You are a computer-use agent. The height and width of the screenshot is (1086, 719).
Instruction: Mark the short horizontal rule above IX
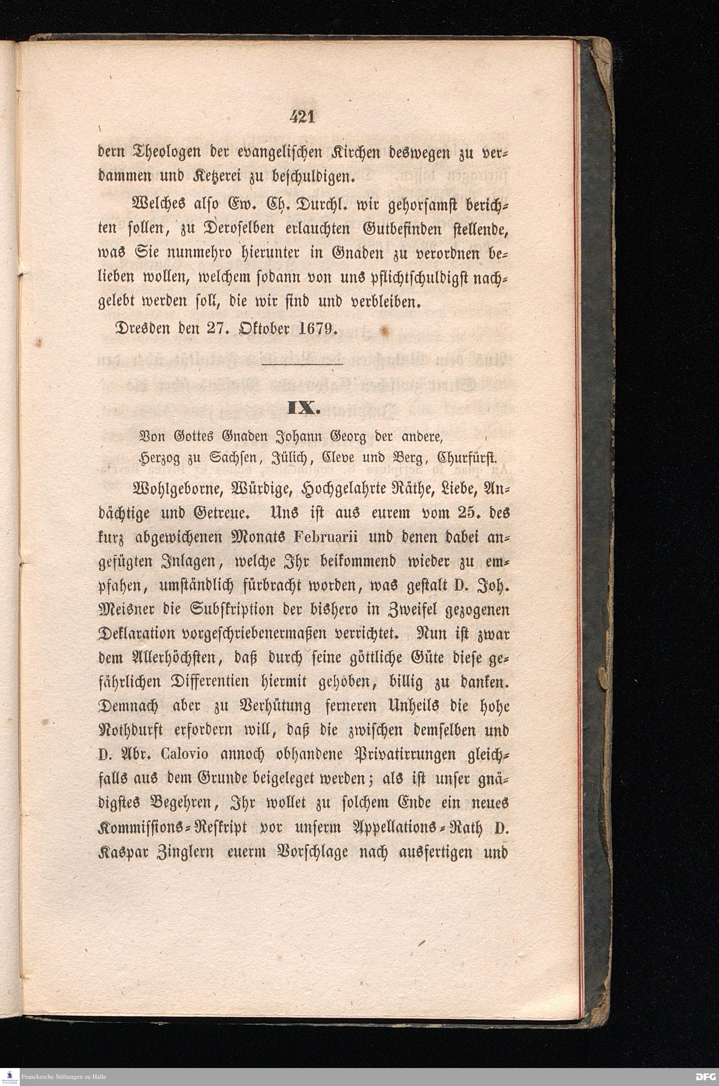click(303, 365)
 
